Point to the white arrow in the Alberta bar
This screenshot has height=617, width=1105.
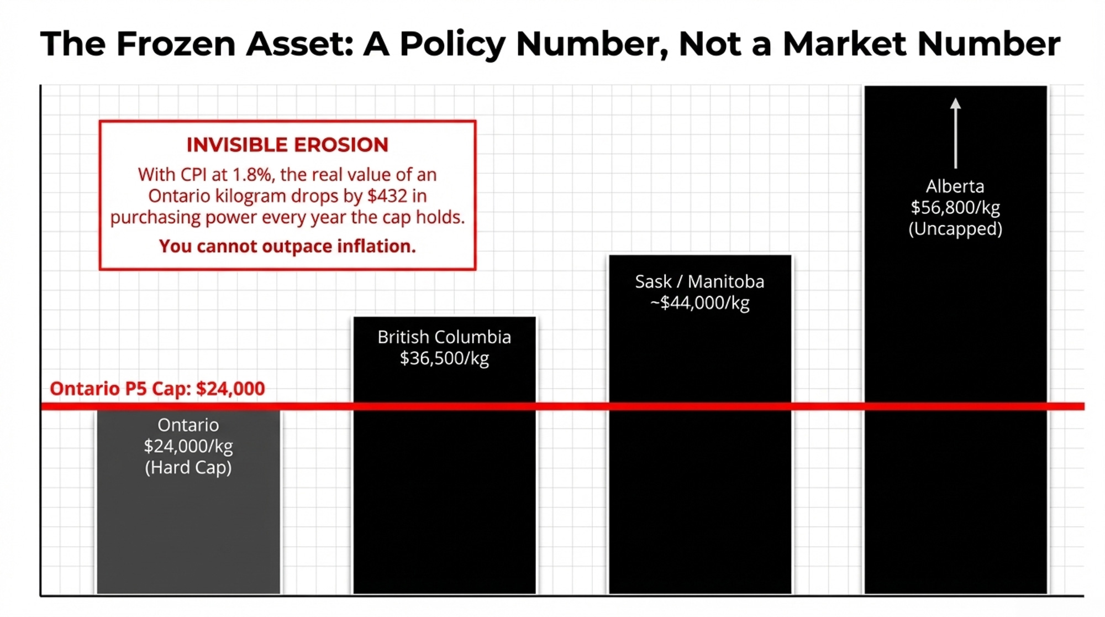coord(955,133)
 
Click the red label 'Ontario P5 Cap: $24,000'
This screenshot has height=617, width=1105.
coord(157,389)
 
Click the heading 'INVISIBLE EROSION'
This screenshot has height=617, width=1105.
coord(287,145)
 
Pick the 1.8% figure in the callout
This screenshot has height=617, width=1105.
coord(252,175)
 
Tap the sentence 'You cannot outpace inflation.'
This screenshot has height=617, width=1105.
coord(287,246)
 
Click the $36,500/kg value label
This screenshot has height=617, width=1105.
coord(444,358)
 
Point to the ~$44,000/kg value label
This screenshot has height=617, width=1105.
coord(699,303)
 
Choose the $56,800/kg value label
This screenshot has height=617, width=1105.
coord(955,207)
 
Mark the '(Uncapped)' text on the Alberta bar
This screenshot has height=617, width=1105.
coord(955,229)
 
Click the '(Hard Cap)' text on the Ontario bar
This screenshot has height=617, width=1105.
coord(188,468)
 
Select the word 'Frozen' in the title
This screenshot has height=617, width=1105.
coord(176,44)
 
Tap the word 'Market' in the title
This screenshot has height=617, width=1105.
coord(844,44)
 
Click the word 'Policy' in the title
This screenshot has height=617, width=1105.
coord(452,44)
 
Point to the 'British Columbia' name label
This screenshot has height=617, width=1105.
coord(444,337)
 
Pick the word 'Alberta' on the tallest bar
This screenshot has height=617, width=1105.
coord(955,186)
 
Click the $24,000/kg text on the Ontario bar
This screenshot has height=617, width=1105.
coord(188,446)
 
